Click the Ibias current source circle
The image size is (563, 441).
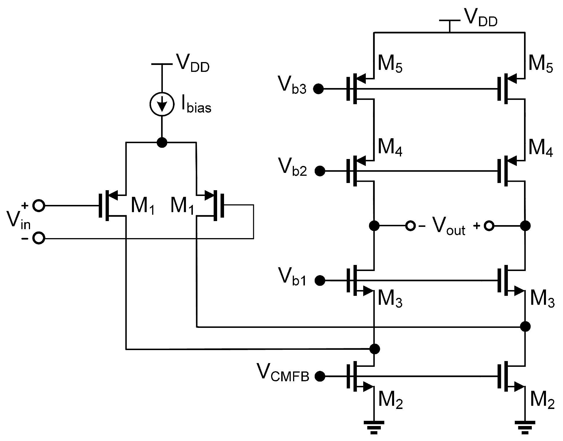pos(162,104)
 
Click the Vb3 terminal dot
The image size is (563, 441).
pos(319,89)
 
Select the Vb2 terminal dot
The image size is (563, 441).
pos(320,171)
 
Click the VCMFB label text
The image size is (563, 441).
pos(283,373)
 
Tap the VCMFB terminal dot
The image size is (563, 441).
pos(320,376)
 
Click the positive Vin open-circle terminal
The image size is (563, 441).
pos(39,206)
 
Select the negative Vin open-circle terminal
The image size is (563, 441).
pos(39,238)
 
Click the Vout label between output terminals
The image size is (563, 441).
pos(448,227)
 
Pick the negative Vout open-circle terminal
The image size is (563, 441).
pos(410,226)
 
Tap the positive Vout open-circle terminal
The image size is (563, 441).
pos(489,226)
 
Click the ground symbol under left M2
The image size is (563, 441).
pos(374,427)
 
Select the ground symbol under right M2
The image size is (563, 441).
pos(525,427)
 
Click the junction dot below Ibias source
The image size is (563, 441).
pos(162,142)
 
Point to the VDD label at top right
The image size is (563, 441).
pos(480,18)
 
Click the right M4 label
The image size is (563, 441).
pos(540,148)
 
